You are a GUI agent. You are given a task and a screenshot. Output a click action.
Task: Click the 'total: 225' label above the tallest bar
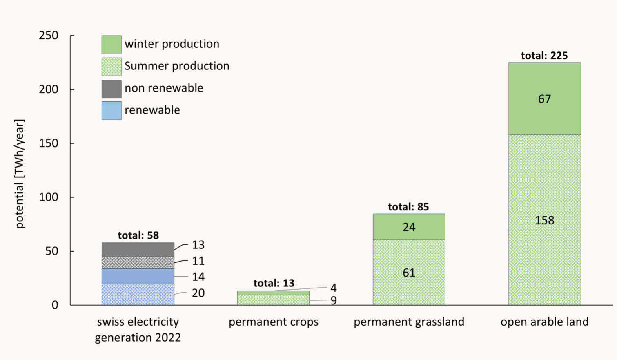tap(544, 56)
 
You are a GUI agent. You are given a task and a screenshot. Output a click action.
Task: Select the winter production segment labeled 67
tap(544, 99)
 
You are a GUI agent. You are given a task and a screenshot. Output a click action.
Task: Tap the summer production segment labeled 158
tap(544, 220)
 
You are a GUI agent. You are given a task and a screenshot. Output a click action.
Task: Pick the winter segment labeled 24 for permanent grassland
tap(409, 227)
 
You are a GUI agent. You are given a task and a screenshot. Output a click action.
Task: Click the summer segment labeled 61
tap(409, 273)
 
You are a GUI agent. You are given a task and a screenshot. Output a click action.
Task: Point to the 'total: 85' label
tap(408, 207)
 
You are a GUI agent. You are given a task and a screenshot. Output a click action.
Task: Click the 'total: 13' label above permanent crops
tap(274, 283)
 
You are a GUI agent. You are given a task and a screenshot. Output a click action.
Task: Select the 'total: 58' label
tap(138, 235)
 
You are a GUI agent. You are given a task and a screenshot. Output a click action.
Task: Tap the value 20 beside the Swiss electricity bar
tap(198, 293)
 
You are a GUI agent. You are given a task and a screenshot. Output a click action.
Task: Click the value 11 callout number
tap(198, 261)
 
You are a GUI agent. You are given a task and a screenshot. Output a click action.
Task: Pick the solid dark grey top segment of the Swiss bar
tap(138, 250)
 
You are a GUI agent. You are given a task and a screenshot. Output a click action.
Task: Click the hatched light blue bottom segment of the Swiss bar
tap(138, 295)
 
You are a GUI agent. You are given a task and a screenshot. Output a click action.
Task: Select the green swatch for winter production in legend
tap(111, 45)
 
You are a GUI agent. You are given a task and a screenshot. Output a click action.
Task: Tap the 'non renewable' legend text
tap(164, 88)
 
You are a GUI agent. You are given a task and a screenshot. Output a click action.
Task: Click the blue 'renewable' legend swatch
tap(111, 110)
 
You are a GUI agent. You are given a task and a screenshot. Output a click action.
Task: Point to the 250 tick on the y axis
tap(49, 36)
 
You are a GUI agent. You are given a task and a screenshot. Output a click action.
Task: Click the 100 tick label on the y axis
tap(49, 197)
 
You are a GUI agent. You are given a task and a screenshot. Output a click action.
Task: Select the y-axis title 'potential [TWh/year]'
tap(20, 174)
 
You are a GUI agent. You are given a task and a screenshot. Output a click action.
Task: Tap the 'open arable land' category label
tap(544, 322)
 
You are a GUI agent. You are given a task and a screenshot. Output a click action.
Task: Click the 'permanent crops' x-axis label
tap(273, 322)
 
